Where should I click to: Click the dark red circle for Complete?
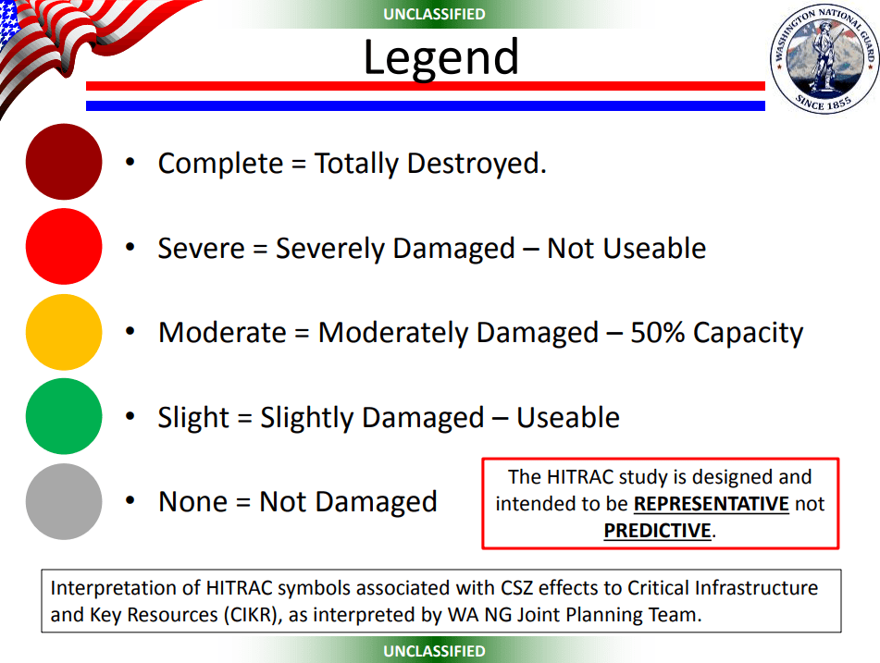tap(64, 162)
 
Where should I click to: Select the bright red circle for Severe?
tap(64, 246)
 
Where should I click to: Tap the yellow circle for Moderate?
tap(64, 332)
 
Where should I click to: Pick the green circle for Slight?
tap(64, 416)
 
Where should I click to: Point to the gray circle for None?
tap(64, 501)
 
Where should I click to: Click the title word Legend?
tap(441, 57)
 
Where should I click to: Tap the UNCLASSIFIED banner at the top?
tap(434, 14)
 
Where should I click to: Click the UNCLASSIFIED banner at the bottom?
tap(434, 651)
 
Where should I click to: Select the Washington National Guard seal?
tap(824, 59)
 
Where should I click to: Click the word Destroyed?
tap(477, 164)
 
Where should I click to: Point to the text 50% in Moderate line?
tap(657, 332)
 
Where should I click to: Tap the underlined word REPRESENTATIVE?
tap(711, 504)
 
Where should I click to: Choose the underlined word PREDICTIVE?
tap(657, 531)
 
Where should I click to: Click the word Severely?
tap(330, 249)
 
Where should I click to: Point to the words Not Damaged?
tap(348, 501)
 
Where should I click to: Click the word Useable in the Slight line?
tap(568, 417)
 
